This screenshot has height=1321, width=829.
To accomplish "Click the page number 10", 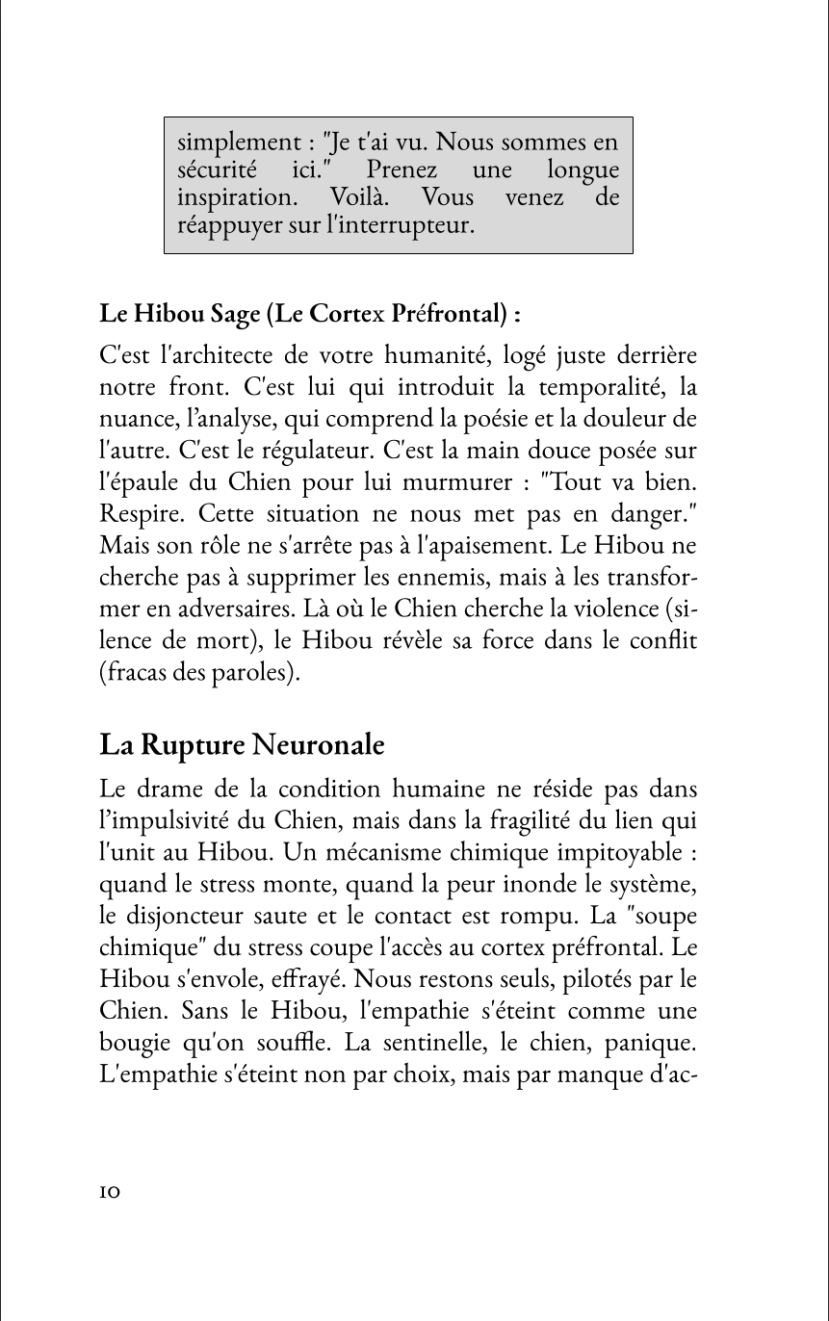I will [x=109, y=1192].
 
